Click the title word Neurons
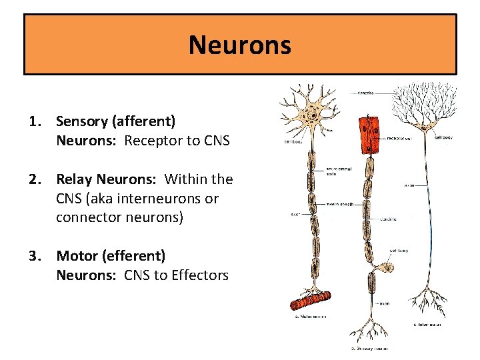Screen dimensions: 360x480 pyautogui.click(x=239, y=45)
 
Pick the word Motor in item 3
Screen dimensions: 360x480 pyautogui.click(x=75, y=256)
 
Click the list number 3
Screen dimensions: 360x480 pyautogui.click(x=33, y=256)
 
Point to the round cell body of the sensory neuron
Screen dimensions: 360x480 pyautogui.click(x=387, y=270)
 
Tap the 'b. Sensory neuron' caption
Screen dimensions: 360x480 pyautogui.click(x=369, y=348)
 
